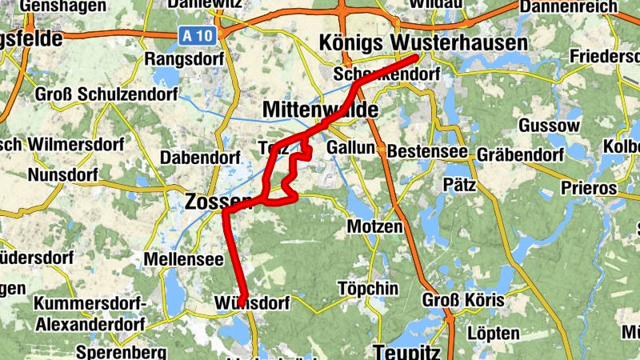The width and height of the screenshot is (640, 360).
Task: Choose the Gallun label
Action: (350, 148)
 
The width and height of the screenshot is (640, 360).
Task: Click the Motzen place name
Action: (374, 227)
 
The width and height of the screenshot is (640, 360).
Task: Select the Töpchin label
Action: (368, 288)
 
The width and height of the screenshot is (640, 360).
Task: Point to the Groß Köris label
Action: (464, 301)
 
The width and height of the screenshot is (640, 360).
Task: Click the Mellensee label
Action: (177, 259)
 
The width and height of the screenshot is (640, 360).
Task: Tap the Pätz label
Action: (459, 184)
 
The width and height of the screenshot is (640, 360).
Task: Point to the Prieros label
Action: (589, 189)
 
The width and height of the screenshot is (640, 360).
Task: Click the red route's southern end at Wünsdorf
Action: (241, 301)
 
